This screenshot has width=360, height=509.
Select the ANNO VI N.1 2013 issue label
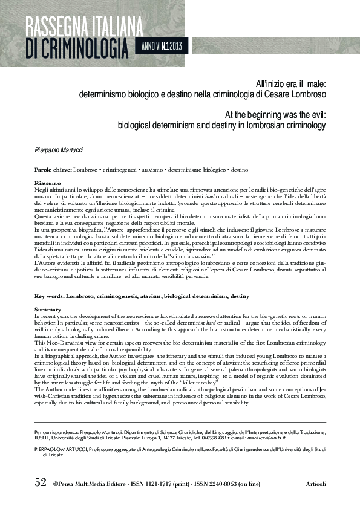(165, 45)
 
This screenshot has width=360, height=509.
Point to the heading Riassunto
(48, 181)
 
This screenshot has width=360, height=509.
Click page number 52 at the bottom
(41, 482)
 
